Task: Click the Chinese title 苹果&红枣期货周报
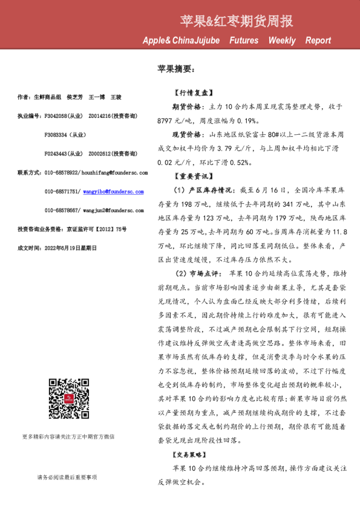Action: pyautogui.click(x=237, y=22)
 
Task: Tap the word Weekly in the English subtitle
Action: pyautogui.click(x=282, y=41)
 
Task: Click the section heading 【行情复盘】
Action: pyautogui.click(x=191, y=93)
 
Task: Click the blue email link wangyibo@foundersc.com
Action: pyautogui.click(x=113, y=191)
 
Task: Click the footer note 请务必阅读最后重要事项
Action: pyautogui.click(x=67, y=477)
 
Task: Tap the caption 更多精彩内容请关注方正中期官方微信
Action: pyautogui.click(x=68, y=436)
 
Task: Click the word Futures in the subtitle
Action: pyautogui.click(x=243, y=41)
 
